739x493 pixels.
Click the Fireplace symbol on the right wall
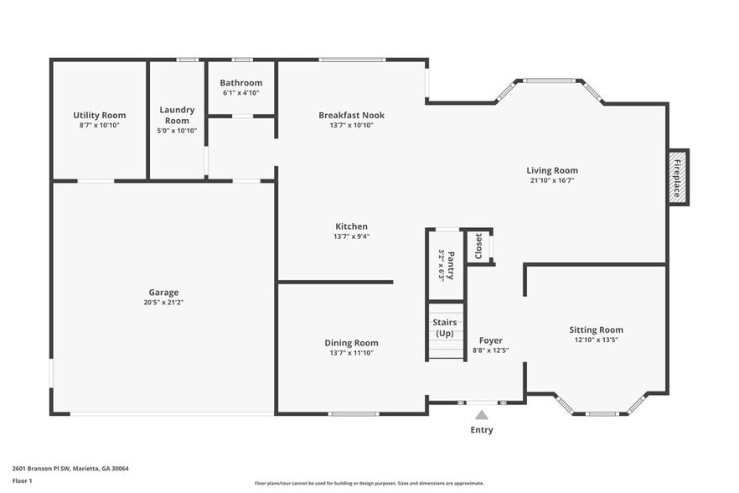pos(678,178)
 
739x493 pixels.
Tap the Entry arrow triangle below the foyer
pos(482,414)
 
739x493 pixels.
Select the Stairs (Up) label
pos(444,327)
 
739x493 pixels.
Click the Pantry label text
pos(450,264)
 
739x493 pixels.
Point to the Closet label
pos(478,246)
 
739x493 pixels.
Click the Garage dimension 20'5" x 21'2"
pos(163,302)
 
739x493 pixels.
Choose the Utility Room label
pos(99,115)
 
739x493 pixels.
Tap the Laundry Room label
pos(177,115)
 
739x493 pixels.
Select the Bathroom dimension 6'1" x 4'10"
pos(241,92)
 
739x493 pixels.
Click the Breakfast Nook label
pos(351,115)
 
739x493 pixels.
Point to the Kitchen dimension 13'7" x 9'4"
pos(351,236)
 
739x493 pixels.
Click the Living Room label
pos(552,170)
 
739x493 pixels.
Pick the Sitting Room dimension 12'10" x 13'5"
pos(596,340)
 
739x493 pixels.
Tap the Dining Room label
pos(351,342)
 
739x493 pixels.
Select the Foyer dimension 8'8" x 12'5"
pos(490,350)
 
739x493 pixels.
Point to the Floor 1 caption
pos(23,480)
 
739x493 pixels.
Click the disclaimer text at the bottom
pos(369,483)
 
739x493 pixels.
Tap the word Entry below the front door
pos(482,430)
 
